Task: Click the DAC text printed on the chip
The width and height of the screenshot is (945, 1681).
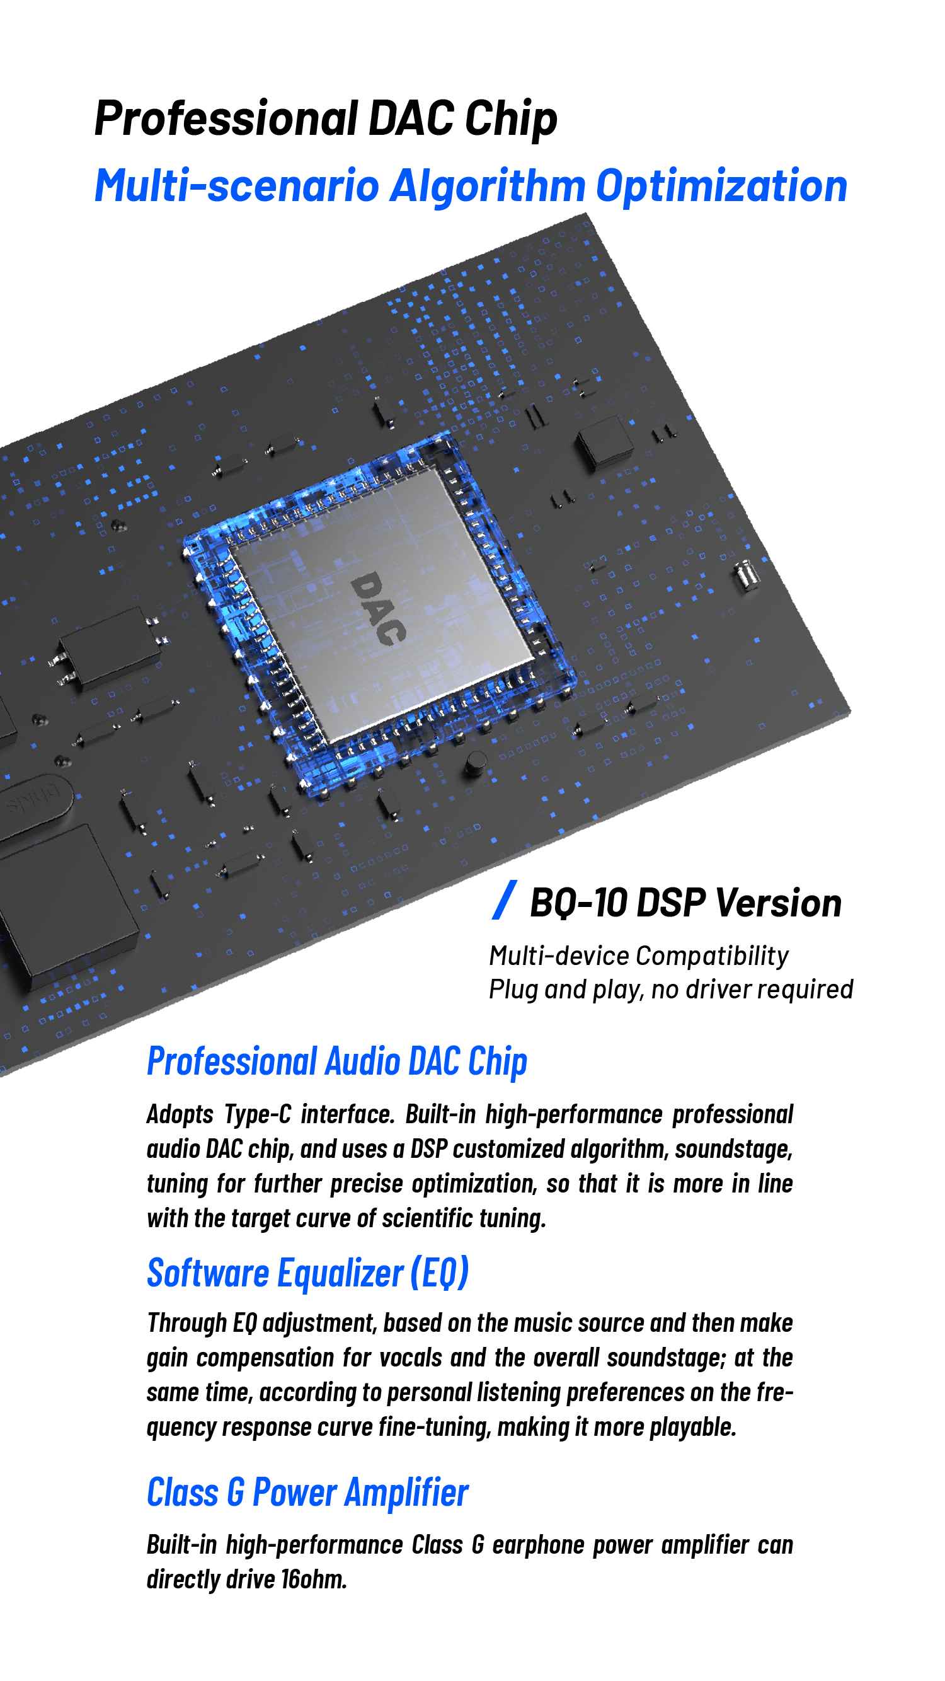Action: pyautogui.click(x=378, y=608)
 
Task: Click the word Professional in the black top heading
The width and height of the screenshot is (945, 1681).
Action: pyautogui.click(x=226, y=118)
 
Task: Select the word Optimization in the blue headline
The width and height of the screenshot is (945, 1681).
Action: pyautogui.click(x=721, y=187)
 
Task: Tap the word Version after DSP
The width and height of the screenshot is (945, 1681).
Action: pyautogui.click(x=778, y=903)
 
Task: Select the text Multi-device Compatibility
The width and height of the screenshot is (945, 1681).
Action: pyautogui.click(x=638, y=956)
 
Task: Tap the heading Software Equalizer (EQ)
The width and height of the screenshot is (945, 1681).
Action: pyautogui.click(x=308, y=1273)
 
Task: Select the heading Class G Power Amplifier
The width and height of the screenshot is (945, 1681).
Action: pyautogui.click(x=307, y=1493)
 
